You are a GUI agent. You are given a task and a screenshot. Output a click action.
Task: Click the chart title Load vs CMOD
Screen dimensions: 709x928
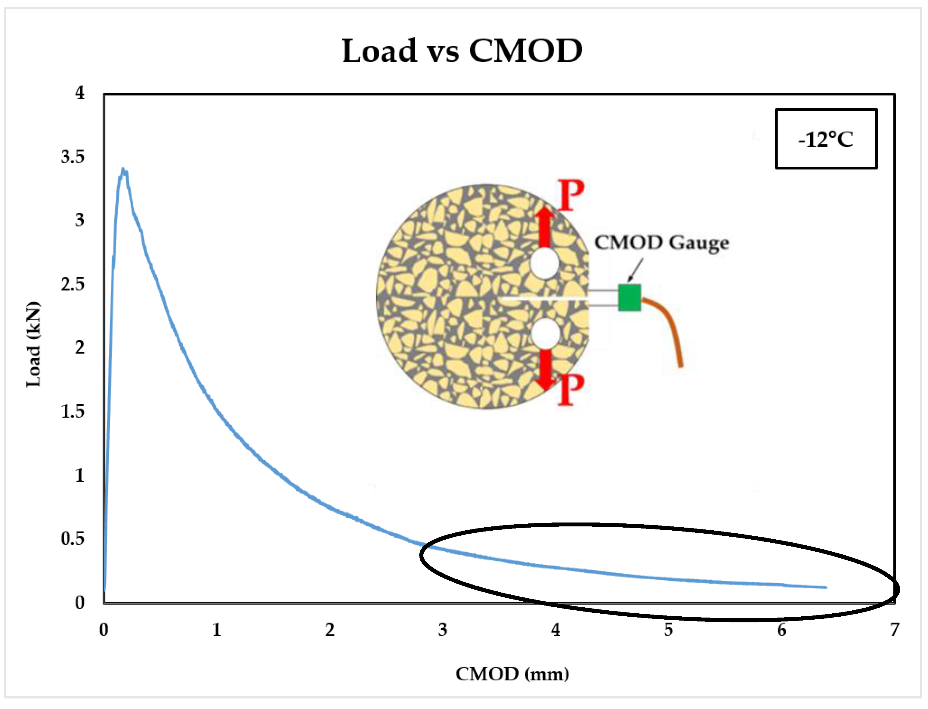click(x=462, y=51)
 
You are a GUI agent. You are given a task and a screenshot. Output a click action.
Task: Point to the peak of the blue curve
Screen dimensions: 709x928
click(x=123, y=169)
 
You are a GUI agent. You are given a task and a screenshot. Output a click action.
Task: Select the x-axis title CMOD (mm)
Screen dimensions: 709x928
click(x=512, y=674)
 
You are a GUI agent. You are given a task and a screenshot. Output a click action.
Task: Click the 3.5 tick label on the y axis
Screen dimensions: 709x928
click(x=73, y=157)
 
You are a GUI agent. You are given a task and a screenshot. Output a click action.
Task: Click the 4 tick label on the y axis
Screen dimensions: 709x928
click(x=80, y=93)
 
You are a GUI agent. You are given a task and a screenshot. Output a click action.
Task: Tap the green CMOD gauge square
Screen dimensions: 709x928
click(x=629, y=297)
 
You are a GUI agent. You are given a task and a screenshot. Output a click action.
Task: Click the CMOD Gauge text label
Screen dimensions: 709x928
click(x=662, y=243)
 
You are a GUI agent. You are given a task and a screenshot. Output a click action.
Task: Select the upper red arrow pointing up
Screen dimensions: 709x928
click(x=545, y=227)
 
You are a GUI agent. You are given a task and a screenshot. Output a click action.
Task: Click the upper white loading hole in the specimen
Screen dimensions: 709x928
click(x=545, y=263)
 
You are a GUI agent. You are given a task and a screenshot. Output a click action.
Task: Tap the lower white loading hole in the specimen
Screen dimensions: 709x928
click(x=545, y=333)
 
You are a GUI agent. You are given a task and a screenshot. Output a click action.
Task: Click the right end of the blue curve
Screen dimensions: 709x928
click(x=825, y=587)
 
